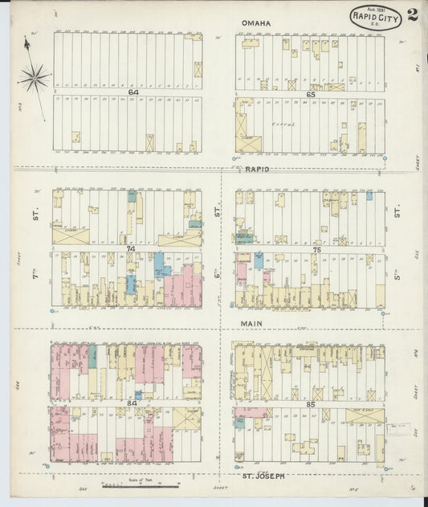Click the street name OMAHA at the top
[x=256, y=23]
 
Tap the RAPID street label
[x=257, y=170]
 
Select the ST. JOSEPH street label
[x=263, y=476]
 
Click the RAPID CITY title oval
[x=377, y=16]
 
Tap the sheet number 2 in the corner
[x=412, y=14]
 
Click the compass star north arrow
[x=34, y=77]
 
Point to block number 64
[x=132, y=93]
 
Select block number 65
[x=310, y=94]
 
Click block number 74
[x=131, y=249]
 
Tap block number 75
[x=316, y=250]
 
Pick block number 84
[x=132, y=403]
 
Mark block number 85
[x=312, y=404]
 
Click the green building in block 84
[x=92, y=356]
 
